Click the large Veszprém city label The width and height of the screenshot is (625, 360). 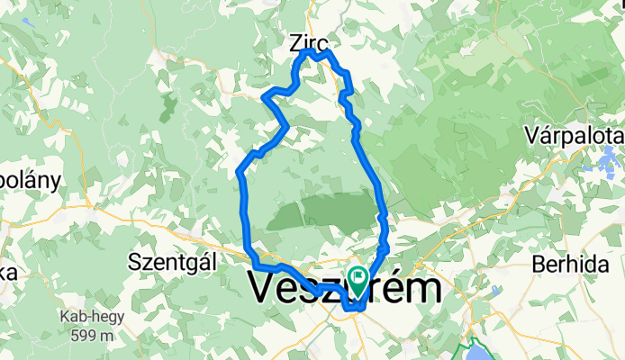(x=344, y=290)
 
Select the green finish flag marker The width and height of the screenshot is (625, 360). (x=361, y=280)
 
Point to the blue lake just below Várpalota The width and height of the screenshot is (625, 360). (x=596, y=162)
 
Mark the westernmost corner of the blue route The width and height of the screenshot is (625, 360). (x=238, y=171)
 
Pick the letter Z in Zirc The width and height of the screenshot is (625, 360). (x=296, y=41)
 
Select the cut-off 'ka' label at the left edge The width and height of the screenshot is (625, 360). (x=5, y=273)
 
